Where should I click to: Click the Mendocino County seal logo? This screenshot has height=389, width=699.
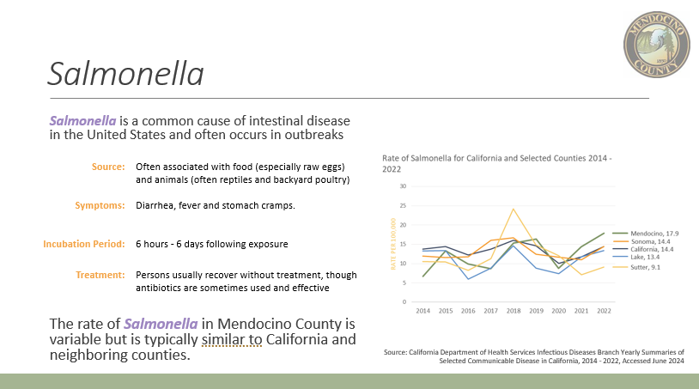pyautogui.click(x=657, y=45)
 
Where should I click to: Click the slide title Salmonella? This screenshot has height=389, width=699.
pyautogui.click(x=125, y=74)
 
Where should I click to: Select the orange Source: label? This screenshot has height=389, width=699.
pyautogui.click(x=108, y=167)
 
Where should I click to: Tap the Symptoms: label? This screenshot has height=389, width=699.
pyautogui.click(x=100, y=205)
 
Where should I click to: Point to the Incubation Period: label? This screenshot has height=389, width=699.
pyautogui.click(x=84, y=244)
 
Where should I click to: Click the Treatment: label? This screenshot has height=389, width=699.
pyautogui.click(x=100, y=275)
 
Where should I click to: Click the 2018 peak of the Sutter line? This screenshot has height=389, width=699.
pyautogui.click(x=514, y=209)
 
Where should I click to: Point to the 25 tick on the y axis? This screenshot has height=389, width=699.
pyautogui.click(x=403, y=206)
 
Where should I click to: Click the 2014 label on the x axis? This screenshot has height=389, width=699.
pyautogui.click(x=423, y=311)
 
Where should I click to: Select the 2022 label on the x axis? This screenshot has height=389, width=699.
pyautogui.click(x=604, y=311)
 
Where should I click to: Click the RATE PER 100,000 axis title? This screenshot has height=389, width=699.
pyautogui.click(x=393, y=244)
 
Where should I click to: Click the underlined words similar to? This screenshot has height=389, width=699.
pyautogui.click(x=232, y=339)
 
